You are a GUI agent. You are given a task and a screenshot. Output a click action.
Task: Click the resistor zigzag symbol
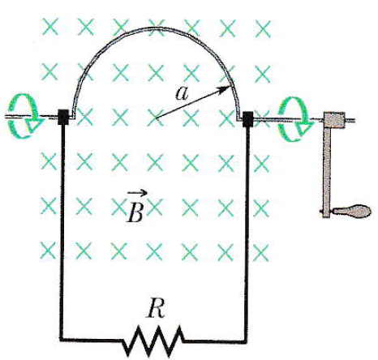coord(153,341)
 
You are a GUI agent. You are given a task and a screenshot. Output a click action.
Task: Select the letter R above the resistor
coord(156,308)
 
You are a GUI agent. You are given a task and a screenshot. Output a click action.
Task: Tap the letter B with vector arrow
coord(136,206)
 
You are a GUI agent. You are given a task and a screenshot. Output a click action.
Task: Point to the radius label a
coord(182,94)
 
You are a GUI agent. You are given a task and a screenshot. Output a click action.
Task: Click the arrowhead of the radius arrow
coord(226,89)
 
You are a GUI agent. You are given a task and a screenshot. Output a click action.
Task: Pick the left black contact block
coord(63,117)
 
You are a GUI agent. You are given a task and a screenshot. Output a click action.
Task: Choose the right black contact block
coord(247,119)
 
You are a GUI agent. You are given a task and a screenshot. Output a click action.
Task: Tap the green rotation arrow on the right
coord(295,119)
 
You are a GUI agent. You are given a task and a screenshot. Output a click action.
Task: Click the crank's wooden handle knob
coord(351,211)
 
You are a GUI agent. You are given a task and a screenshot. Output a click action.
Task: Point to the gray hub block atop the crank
coord(334,120)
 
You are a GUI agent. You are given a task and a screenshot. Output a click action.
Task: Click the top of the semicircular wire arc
coord(157,28)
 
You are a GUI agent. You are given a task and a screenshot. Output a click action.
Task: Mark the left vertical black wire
coord(62,231)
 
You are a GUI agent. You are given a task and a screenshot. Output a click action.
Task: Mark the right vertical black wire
coord(246,234)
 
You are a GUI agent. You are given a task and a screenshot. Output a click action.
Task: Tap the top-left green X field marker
coord(50,27)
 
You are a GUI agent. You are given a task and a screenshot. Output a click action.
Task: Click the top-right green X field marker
coord(263,29)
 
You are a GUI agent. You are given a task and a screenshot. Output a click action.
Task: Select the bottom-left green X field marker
coord(48,251)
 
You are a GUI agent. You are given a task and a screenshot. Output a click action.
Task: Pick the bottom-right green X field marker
coord(261,252)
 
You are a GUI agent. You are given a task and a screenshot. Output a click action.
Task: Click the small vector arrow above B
coord(137,193)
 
